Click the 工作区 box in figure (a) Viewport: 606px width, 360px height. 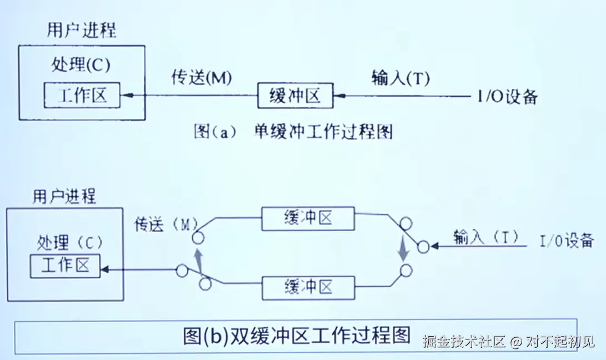coord(82,96)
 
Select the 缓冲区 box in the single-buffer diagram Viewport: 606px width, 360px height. coord(294,96)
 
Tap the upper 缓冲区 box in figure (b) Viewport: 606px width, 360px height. coord(308,218)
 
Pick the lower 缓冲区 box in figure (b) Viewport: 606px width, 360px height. coord(308,287)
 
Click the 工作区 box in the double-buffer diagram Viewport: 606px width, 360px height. coord(65,266)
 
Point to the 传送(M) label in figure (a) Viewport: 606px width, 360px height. coord(201,78)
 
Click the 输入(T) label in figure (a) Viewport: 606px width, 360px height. coord(400,78)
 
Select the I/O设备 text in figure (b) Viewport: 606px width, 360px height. coord(567,241)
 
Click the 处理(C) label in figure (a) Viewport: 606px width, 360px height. coord(81,64)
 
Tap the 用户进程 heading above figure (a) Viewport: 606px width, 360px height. coord(82,31)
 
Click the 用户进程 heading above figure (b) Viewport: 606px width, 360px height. coord(64,196)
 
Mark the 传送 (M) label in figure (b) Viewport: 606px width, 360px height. coord(166,224)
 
